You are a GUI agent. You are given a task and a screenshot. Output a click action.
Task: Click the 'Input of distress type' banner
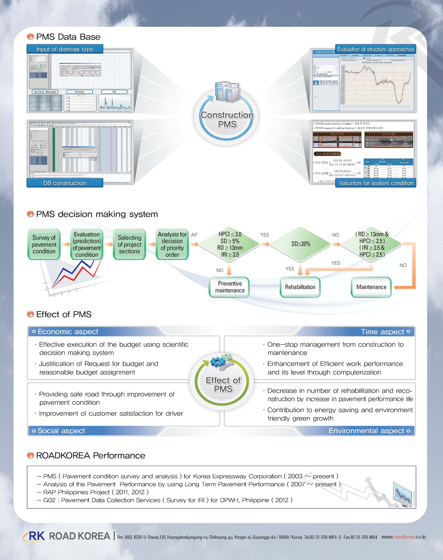coord(65,49)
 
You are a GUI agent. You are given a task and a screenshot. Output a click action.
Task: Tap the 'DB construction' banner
coord(65,183)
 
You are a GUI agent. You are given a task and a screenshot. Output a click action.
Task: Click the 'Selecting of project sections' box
coord(129,244)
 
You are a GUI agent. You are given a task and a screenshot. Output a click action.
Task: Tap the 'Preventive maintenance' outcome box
coord(230,287)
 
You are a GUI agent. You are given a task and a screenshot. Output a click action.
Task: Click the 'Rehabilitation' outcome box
coord(300,287)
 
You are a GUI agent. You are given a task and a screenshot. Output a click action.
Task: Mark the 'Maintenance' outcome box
coord(371,287)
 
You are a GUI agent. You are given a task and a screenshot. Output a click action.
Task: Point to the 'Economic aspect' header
coord(68,332)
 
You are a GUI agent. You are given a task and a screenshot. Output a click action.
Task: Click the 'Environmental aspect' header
coord(366,431)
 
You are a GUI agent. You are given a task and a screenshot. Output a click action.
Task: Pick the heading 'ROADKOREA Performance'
coord(91,455)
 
